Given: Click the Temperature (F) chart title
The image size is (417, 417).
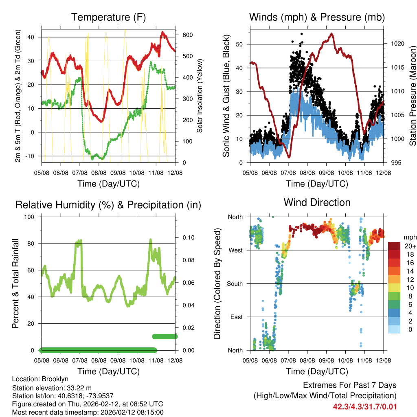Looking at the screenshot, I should point(108,17).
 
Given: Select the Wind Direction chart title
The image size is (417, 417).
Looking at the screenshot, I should point(317,202).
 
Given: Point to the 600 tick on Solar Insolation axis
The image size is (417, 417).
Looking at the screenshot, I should point(187,35).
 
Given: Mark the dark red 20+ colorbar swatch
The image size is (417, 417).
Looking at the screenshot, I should point(395,246).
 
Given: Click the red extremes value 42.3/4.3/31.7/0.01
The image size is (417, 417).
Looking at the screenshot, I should point(364,407).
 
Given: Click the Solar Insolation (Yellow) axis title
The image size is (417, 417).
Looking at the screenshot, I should point(200,96).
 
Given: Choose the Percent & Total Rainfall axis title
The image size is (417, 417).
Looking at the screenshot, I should point(15,283).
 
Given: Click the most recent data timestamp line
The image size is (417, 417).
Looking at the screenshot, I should point(88,412).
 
